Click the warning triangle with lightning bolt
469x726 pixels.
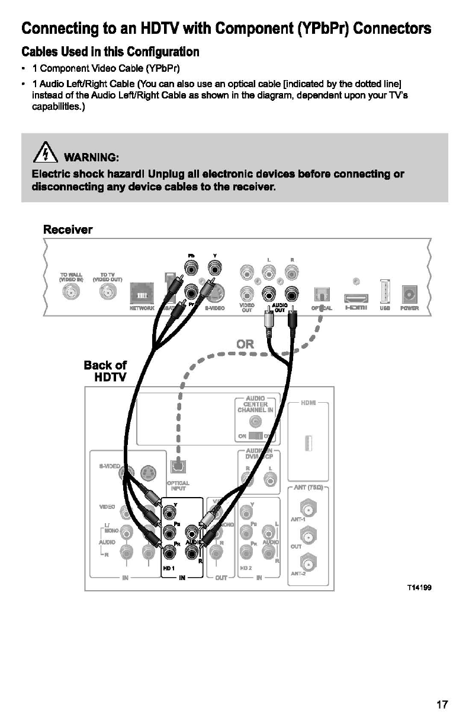tap(45, 156)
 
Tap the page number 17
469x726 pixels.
tap(442, 705)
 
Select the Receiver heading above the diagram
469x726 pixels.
tap(68, 230)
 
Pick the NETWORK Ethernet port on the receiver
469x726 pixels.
tap(142, 294)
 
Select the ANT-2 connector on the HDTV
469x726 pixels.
tap(307, 560)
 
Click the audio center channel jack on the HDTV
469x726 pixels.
tap(255, 421)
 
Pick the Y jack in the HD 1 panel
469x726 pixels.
tap(170, 511)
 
